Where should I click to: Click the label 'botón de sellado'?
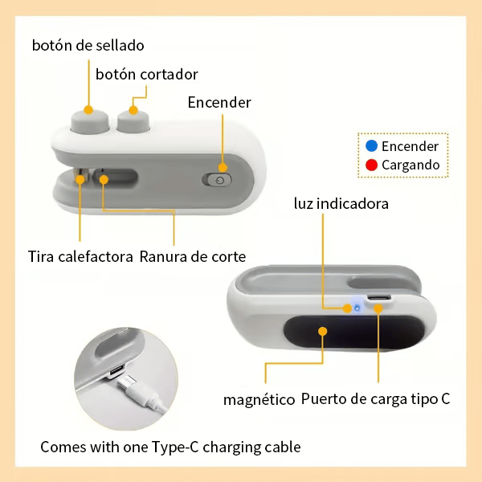point(88,46)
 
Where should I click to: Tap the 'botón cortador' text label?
point(147,75)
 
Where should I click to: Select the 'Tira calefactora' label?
point(80,256)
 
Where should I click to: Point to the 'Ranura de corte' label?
point(193,256)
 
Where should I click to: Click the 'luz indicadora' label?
point(341,203)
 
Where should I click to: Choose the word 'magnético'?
point(259,399)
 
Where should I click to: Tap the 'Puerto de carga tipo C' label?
point(375,399)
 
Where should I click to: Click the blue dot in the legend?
point(371,145)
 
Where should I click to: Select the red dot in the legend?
point(371,165)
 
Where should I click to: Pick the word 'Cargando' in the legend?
point(411,165)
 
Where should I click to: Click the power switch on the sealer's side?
point(218,180)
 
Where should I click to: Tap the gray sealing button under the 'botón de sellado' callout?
point(90,122)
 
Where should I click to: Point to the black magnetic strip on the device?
point(353,333)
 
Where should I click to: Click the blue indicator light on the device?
point(357,308)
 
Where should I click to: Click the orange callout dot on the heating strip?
point(80,179)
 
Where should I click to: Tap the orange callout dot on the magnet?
point(323,331)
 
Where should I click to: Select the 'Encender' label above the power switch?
point(219,102)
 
